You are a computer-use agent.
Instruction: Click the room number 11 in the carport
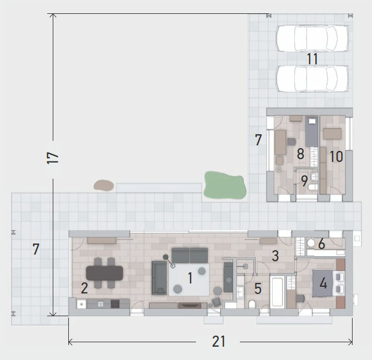coord(312,59)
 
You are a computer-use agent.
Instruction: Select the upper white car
coord(312,38)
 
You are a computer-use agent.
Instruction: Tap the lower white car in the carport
coord(312,78)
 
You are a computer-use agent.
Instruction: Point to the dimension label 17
coord(53,158)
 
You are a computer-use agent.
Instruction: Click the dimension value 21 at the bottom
coord(218,342)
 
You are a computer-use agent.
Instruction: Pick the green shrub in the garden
coord(224,185)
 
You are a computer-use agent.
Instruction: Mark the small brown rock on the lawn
coord(104,185)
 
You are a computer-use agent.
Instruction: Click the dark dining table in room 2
coord(104,273)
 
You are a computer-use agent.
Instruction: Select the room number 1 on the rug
coord(190,278)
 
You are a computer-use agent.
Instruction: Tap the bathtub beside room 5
coord(277,292)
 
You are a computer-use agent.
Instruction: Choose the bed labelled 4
coord(323,283)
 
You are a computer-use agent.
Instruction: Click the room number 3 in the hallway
coord(275,256)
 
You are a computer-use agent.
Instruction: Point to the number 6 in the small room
coord(321,244)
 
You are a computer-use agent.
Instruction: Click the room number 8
coord(300,154)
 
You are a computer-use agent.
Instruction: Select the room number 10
coord(336,156)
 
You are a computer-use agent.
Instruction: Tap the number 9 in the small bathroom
coord(304,181)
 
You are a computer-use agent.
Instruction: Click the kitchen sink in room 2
coord(82,304)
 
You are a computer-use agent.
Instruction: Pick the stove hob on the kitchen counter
coord(115,304)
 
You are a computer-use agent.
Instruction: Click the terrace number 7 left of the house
coord(36,249)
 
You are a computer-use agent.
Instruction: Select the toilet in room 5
coord(252,305)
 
